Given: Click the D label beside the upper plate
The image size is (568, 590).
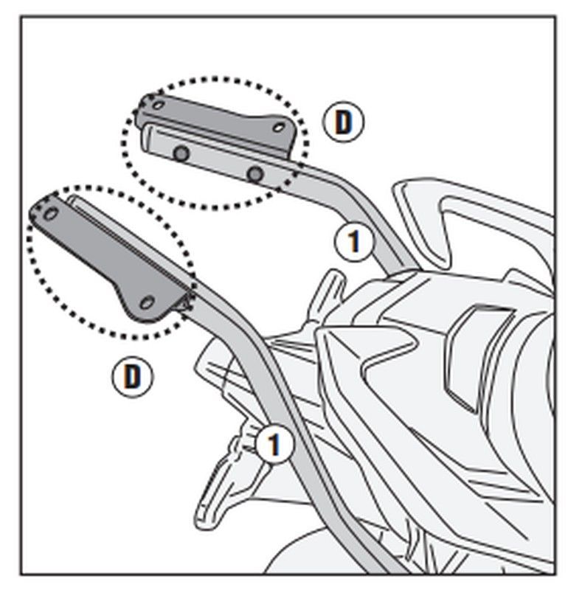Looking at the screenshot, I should coord(343,122).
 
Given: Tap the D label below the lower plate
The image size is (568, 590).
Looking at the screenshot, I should coord(131,377).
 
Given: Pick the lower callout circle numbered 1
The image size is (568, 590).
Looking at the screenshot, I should coord(272,445).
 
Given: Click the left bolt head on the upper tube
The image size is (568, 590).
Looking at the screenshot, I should coord(181,153).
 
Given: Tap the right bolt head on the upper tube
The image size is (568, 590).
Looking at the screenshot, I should coord(255,174).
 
